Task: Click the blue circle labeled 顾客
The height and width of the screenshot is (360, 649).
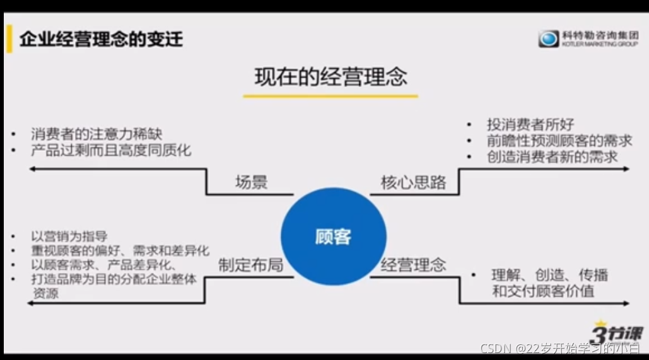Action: [333, 236]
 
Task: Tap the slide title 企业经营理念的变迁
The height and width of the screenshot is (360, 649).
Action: [101, 39]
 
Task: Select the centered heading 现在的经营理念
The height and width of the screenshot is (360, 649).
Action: [330, 77]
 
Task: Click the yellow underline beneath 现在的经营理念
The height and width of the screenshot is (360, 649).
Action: [330, 96]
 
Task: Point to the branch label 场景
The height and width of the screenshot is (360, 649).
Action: [251, 182]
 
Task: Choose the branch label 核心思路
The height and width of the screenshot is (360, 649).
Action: [413, 182]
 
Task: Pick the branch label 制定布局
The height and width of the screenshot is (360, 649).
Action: [250, 265]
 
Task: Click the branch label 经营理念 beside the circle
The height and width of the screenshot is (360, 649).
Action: [413, 265]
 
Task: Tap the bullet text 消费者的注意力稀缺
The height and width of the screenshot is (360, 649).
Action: [96, 134]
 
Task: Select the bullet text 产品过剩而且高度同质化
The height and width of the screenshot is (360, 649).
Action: [110, 150]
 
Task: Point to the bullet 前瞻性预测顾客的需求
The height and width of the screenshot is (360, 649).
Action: [559, 141]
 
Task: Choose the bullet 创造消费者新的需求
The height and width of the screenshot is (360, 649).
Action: [552, 156]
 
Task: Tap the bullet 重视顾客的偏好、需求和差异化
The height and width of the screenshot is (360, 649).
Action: [120, 250]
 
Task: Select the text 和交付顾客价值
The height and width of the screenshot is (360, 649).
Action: [543, 291]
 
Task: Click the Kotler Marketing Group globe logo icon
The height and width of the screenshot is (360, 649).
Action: [548, 39]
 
